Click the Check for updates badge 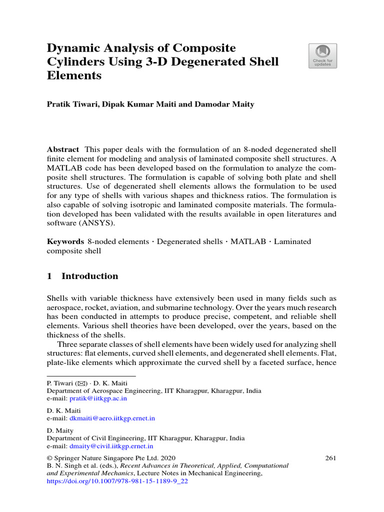(x=322, y=56)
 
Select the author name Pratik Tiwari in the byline (x=70, y=104)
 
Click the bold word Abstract (x=62, y=149)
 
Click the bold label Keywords (x=65, y=241)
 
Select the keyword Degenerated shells (x=190, y=241)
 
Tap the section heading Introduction (x=89, y=276)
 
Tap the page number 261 (x=330, y=457)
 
